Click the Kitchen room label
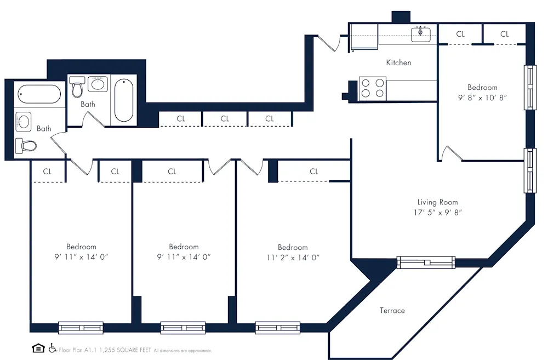[398, 62]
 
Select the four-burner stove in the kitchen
[372, 89]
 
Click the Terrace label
[392, 311]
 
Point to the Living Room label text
[437, 202]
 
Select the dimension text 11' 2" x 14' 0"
[292, 257]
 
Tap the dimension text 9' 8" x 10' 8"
[482, 98]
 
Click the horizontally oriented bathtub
[39, 94]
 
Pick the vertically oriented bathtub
[123, 100]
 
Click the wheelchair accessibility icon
[53, 348]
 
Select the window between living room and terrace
[426, 262]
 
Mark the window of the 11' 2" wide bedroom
[277, 328]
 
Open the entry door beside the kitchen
[329, 43]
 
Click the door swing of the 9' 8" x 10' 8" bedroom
[452, 153]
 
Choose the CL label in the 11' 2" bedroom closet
[313, 172]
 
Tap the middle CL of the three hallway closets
[225, 118]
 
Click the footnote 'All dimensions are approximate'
[182, 350]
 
